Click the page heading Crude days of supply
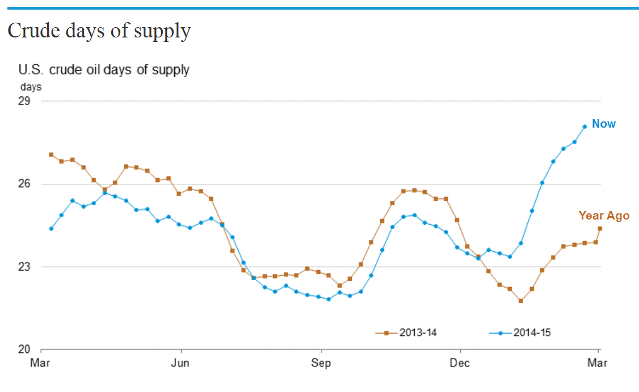(99, 31)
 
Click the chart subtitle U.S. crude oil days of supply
(104, 70)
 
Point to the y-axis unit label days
(31, 87)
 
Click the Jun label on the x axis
(180, 363)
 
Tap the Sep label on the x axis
(321, 363)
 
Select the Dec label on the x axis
(460, 363)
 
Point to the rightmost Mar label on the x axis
(599, 363)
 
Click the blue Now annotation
(604, 124)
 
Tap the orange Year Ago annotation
(604, 216)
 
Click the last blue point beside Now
(585, 127)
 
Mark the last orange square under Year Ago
(600, 229)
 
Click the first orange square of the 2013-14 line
(51, 154)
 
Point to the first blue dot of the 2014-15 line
(51, 229)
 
